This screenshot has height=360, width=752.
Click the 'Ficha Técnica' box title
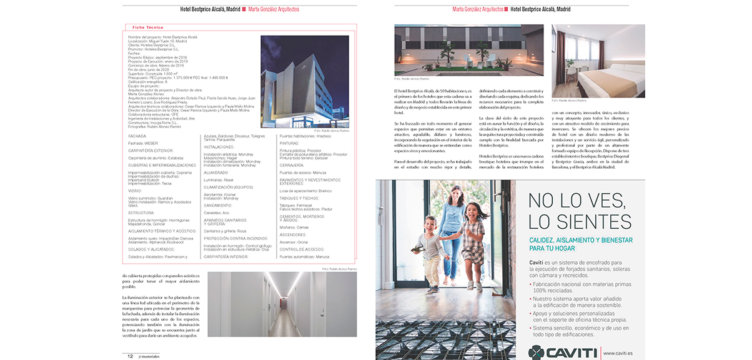point(147,27)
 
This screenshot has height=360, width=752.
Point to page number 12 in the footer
point(131,356)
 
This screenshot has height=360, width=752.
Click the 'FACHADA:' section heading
point(137,136)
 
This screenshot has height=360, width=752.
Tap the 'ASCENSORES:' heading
point(293,236)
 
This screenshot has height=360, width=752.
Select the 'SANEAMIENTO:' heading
point(218,205)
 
